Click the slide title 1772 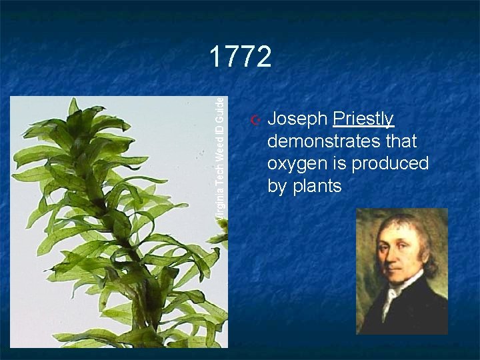(240, 57)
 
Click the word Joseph (297, 119)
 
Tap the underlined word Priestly (363, 119)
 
